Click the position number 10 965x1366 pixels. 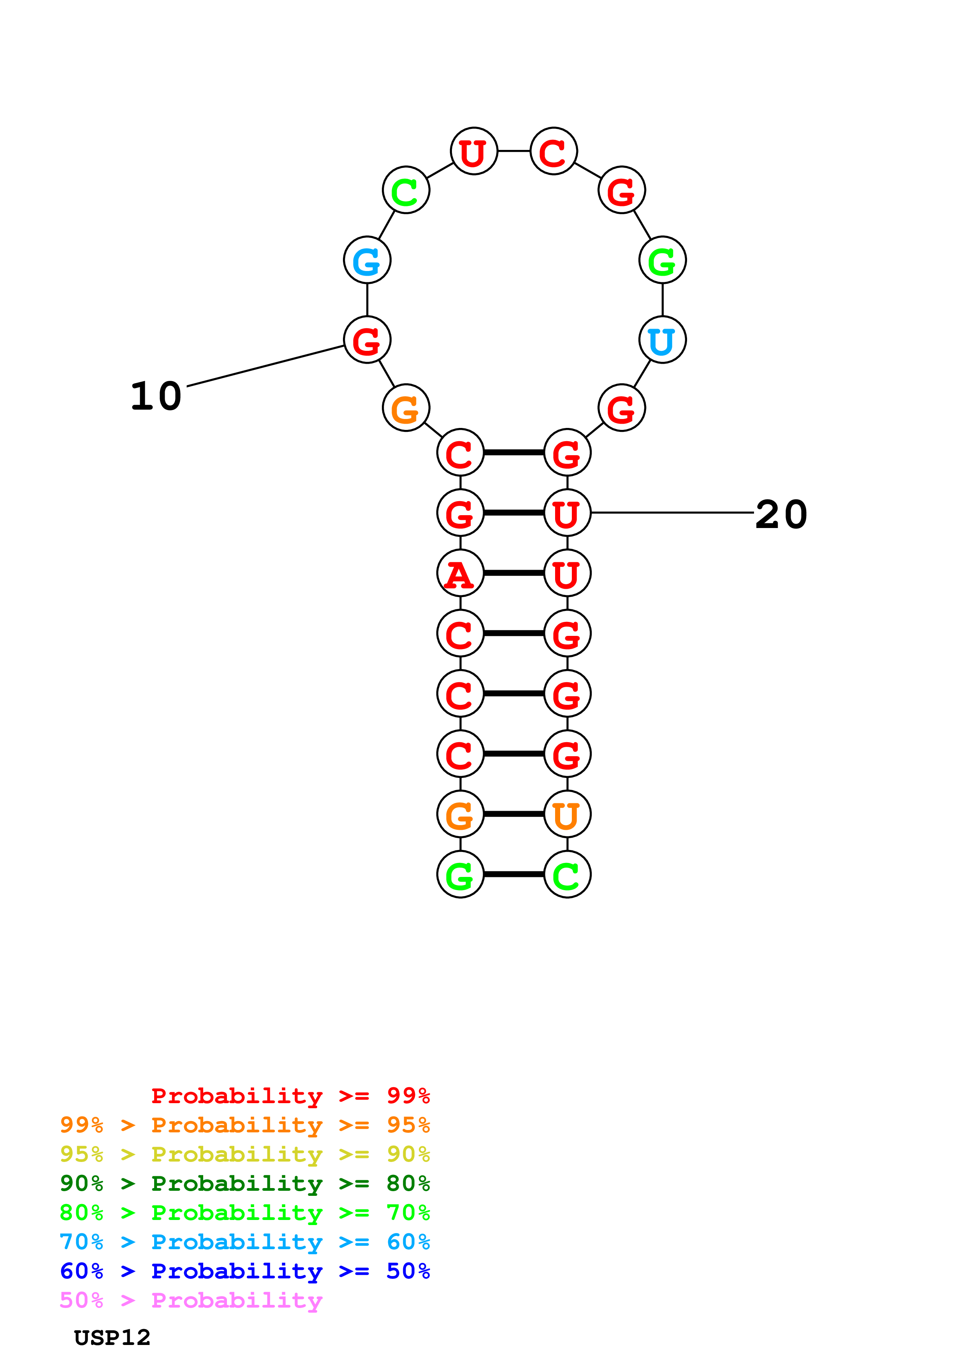(x=156, y=396)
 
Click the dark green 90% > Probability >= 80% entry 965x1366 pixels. (x=244, y=1183)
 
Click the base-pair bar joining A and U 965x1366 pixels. (x=514, y=574)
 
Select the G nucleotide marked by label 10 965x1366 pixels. (x=367, y=340)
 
